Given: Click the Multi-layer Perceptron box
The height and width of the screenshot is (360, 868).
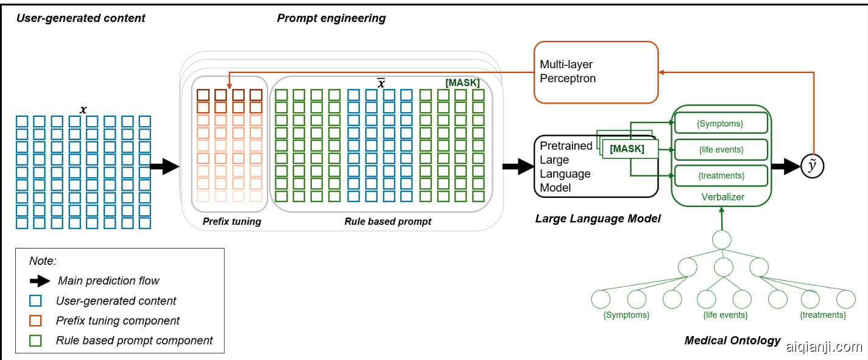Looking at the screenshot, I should pyautogui.click(x=596, y=71).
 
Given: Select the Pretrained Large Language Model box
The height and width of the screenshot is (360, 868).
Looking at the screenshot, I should pyautogui.click(x=566, y=166).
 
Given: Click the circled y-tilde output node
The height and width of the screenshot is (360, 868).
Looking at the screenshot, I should pyautogui.click(x=811, y=166).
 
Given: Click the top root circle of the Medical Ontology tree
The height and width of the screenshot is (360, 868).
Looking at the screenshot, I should pyautogui.click(x=722, y=239).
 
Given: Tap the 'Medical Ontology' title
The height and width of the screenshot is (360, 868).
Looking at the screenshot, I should pyautogui.click(x=732, y=340).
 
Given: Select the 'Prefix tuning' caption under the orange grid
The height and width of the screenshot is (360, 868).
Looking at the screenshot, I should pyautogui.click(x=231, y=222).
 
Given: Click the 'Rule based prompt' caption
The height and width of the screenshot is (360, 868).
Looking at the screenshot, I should pyautogui.click(x=387, y=222).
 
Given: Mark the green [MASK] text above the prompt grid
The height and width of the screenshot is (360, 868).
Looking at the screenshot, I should pyautogui.click(x=462, y=83).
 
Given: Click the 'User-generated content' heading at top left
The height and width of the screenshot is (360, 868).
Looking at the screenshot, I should pyautogui.click(x=80, y=18).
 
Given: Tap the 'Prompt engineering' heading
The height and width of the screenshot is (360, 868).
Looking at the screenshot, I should pyautogui.click(x=331, y=18).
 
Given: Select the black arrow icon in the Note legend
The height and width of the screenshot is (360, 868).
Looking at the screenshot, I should pyautogui.click(x=40, y=281).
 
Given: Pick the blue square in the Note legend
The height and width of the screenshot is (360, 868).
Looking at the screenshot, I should pyautogui.click(x=35, y=300).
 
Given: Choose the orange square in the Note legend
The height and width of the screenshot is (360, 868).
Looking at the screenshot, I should pyautogui.click(x=35, y=320).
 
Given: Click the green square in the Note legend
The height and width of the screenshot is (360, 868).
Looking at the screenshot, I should pyautogui.click(x=35, y=341).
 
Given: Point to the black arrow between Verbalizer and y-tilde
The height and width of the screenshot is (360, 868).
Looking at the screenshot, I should pyautogui.click(x=786, y=166).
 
